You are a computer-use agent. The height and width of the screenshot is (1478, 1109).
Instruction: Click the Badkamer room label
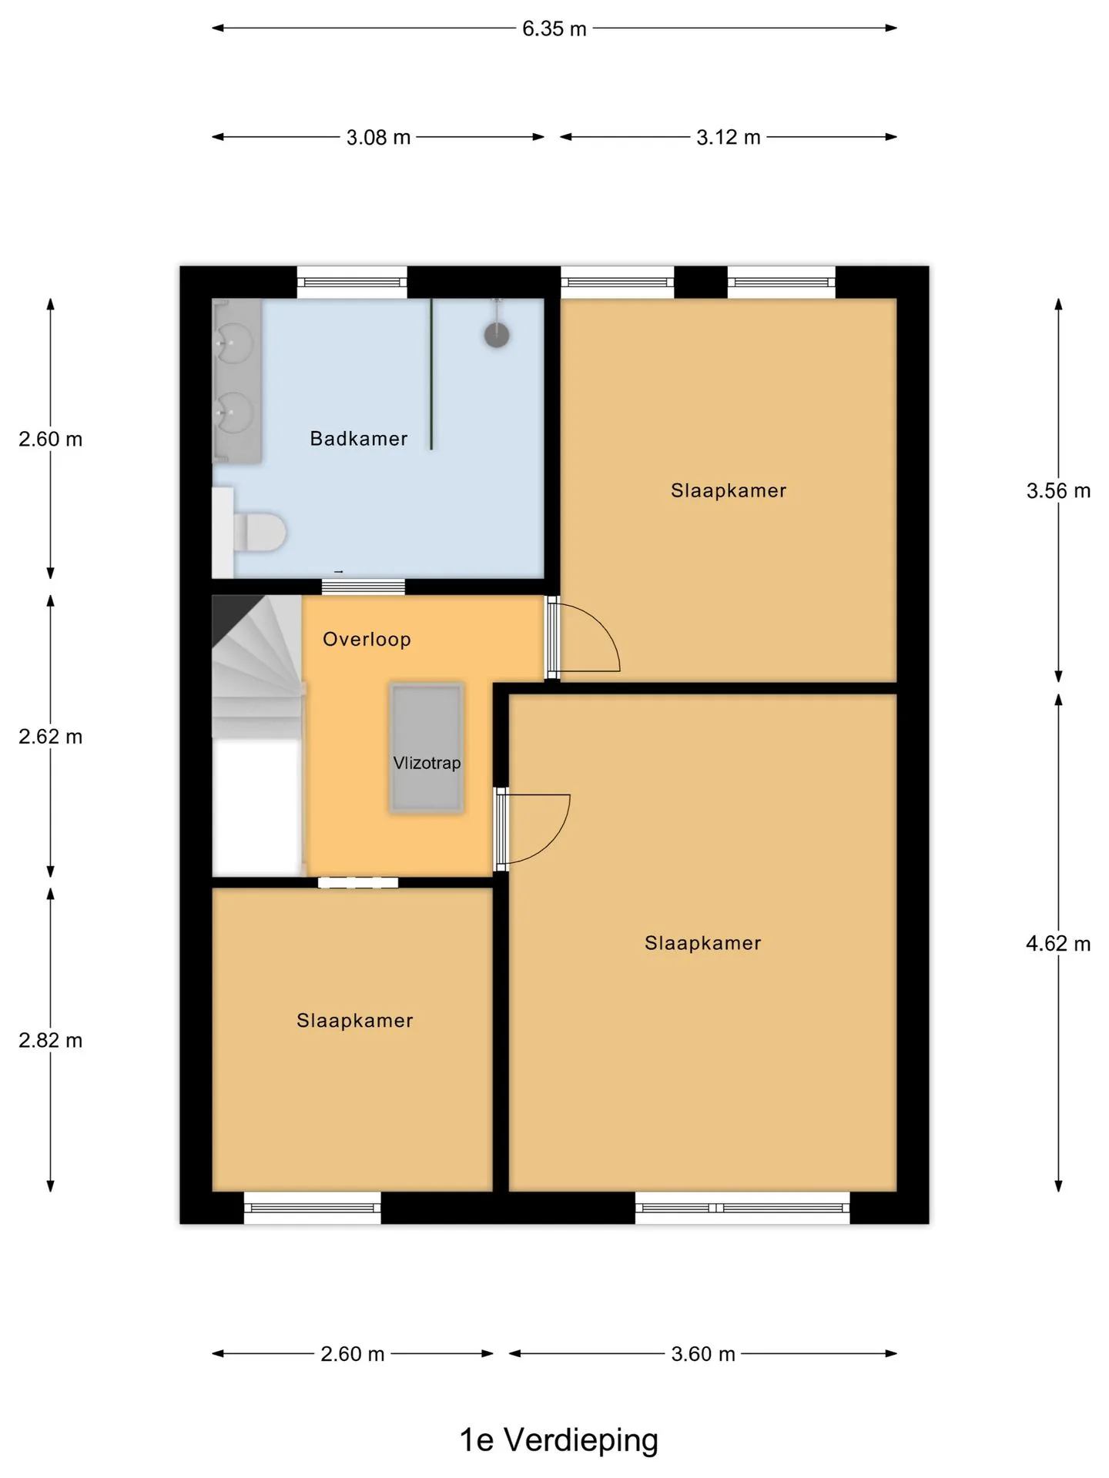pos(358,439)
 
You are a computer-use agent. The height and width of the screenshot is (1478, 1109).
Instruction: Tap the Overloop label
pos(367,639)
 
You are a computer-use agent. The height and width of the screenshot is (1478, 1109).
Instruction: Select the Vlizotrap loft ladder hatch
pos(427,747)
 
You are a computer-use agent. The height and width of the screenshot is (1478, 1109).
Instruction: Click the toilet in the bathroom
pos(260,532)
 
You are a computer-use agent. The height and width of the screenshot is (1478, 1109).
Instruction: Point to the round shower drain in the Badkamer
pos(497,335)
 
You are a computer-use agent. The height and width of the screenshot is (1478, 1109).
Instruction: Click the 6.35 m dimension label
pos(554,28)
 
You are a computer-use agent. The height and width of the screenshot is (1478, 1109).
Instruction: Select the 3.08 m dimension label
pos(378,138)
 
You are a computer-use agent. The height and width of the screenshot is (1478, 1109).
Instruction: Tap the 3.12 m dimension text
pos(729,138)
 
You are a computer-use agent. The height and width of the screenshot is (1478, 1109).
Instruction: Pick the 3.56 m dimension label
pos(1058,491)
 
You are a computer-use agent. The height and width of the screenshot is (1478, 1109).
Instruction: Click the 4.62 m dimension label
pos(1058,944)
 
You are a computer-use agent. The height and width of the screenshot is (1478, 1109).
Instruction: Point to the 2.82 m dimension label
pos(51,1041)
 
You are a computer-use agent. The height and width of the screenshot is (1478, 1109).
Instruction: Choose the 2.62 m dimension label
pos(51,737)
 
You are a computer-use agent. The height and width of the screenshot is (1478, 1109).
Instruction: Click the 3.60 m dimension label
pos(703,1354)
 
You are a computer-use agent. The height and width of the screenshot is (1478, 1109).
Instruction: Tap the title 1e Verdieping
pos(559,1440)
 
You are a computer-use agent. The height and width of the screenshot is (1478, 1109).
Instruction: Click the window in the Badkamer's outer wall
pos(352,283)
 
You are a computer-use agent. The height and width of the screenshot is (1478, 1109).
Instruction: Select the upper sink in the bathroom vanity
pos(234,341)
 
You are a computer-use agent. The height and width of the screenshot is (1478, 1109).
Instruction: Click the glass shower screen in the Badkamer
pos(431,373)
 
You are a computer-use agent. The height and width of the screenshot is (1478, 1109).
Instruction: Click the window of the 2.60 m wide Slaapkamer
pos(313,1208)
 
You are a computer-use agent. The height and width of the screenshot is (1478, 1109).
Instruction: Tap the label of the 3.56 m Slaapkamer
pos(729,491)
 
